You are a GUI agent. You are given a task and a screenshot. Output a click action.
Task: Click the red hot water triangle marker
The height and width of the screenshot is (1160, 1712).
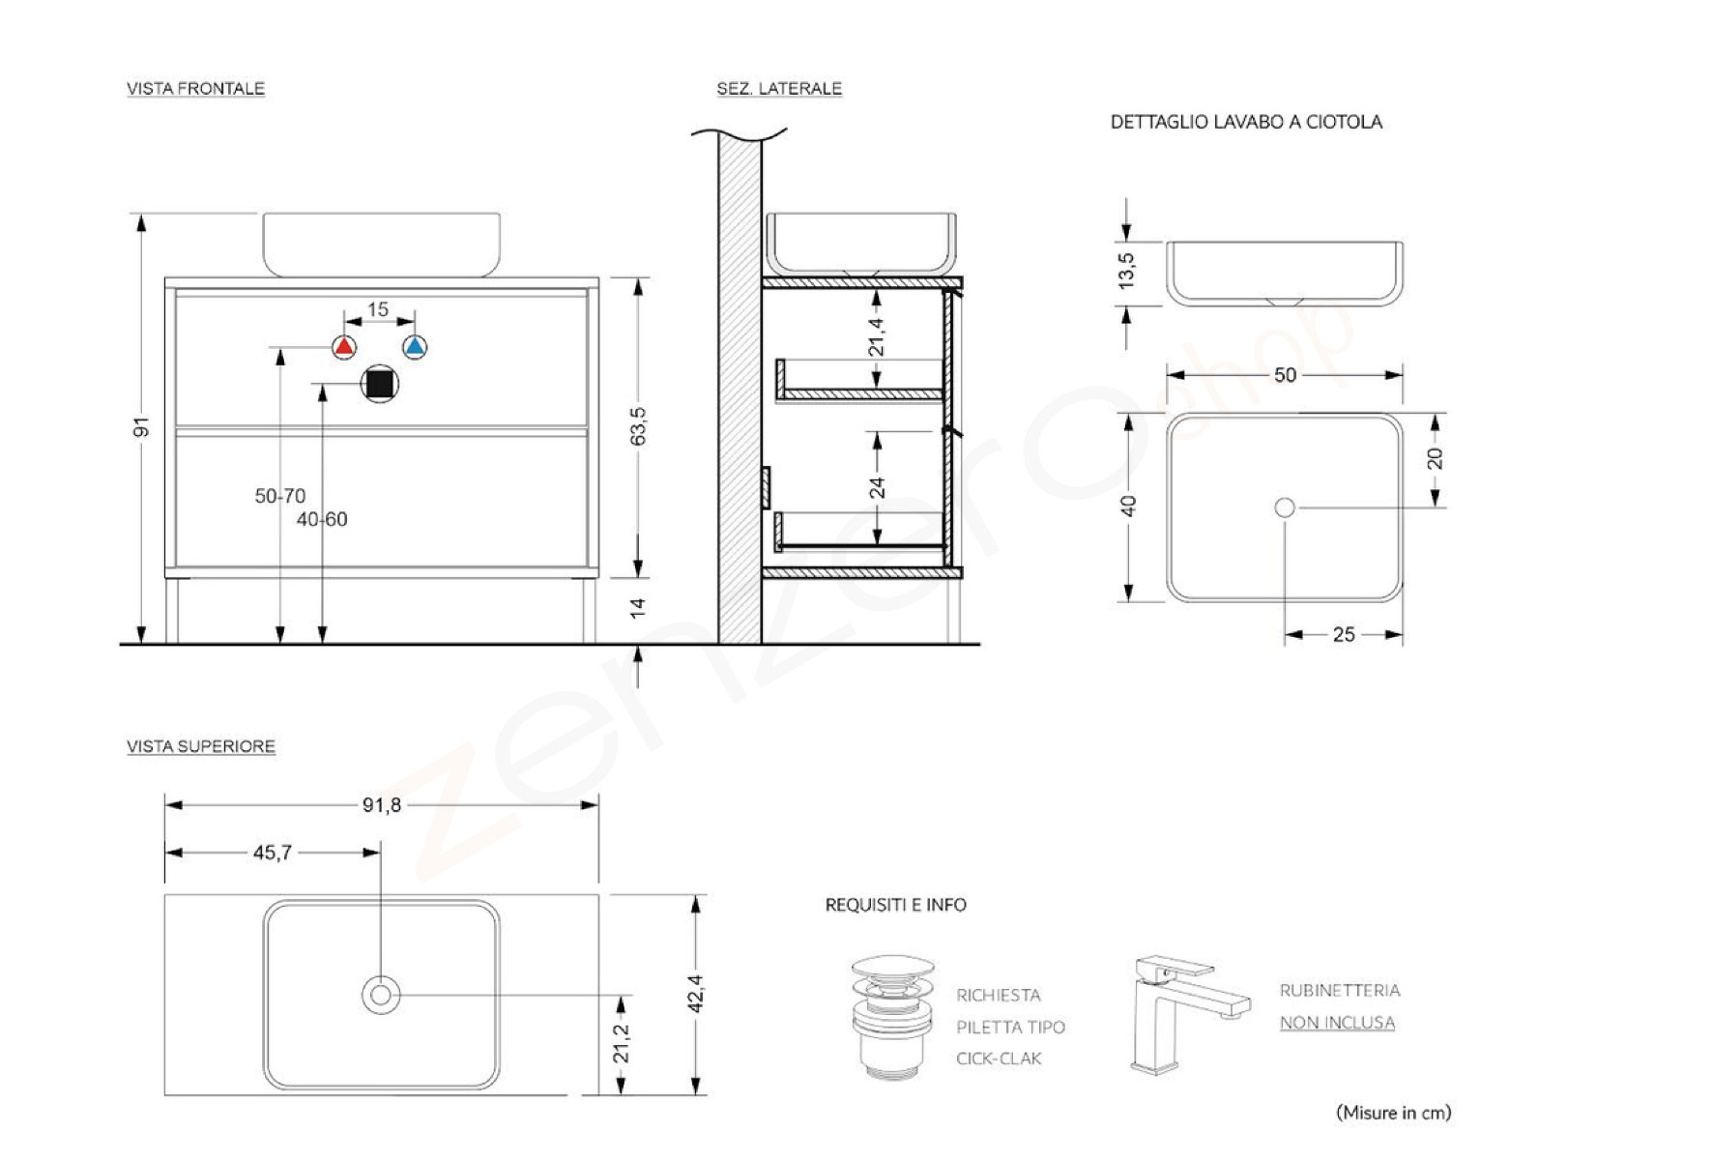[x=344, y=347]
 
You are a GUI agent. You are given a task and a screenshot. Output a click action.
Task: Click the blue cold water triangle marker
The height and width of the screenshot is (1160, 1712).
[x=415, y=347]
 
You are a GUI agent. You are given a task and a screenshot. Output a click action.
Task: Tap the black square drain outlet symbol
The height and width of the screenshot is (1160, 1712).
[x=380, y=384]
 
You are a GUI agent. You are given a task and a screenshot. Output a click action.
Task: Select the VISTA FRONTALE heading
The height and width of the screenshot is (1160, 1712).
[x=195, y=89]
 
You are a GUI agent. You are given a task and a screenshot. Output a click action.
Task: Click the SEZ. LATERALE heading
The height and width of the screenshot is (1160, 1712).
[x=779, y=89]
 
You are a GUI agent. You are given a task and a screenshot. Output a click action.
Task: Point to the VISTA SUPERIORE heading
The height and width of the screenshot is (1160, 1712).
[x=201, y=746]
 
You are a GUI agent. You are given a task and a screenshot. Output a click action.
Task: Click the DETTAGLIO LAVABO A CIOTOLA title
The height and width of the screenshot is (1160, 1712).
[x=1246, y=122]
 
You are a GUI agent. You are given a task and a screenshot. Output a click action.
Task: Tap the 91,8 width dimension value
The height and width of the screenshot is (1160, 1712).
[x=382, y=804]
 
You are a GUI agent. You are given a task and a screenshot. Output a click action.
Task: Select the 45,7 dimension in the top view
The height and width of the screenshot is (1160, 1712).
[x=273, y=853]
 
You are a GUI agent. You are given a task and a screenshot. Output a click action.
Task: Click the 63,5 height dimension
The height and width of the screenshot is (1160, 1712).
[x=638, y=426]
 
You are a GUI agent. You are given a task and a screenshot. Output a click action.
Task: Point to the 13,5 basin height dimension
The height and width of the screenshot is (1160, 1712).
[x=1126, y=271]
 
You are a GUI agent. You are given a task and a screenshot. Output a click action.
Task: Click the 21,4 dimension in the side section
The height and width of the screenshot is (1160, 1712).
[x=877, y=336]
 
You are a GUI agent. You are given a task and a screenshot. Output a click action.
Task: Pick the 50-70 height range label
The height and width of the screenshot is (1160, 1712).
[x=280, y=496]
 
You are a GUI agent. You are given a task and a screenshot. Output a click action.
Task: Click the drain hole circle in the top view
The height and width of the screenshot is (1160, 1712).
[x=380, y=995]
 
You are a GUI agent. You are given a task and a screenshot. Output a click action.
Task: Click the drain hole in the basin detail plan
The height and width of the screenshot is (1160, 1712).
[x=1285, y=507]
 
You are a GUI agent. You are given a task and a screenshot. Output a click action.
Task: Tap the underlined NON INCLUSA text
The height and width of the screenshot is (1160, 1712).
[x=1337, y=1022]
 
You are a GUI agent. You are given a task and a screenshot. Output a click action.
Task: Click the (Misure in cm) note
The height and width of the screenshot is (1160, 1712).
[x=1393, y=1113]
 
